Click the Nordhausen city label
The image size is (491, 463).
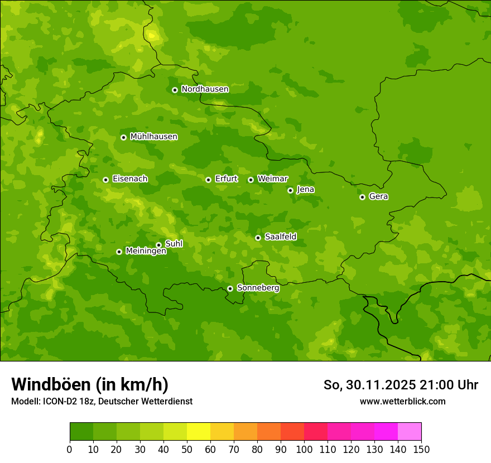pos(205,89)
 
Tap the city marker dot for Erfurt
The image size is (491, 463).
pos(208,180)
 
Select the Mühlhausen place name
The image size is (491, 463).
pos(153,137)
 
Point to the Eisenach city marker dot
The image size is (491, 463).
pos(105,180)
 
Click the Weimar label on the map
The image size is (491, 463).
pos(272,179)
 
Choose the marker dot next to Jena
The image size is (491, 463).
pos(290,190)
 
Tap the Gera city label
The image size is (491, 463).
pos(378,196)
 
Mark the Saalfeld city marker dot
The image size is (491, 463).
pos(258,238)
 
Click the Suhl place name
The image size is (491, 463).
pos(174,244)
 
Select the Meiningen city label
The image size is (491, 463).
pos(146,252)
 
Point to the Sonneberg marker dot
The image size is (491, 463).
pos(230,288)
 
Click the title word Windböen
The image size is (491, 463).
pos(51,384)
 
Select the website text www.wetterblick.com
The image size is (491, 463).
pos(402,402)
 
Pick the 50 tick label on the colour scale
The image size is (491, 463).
pos(187,450)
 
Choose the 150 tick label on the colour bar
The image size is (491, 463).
pos(421,450)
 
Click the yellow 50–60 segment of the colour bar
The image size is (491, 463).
pos(199,432)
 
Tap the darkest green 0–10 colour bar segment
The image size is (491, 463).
pos(81,432)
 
